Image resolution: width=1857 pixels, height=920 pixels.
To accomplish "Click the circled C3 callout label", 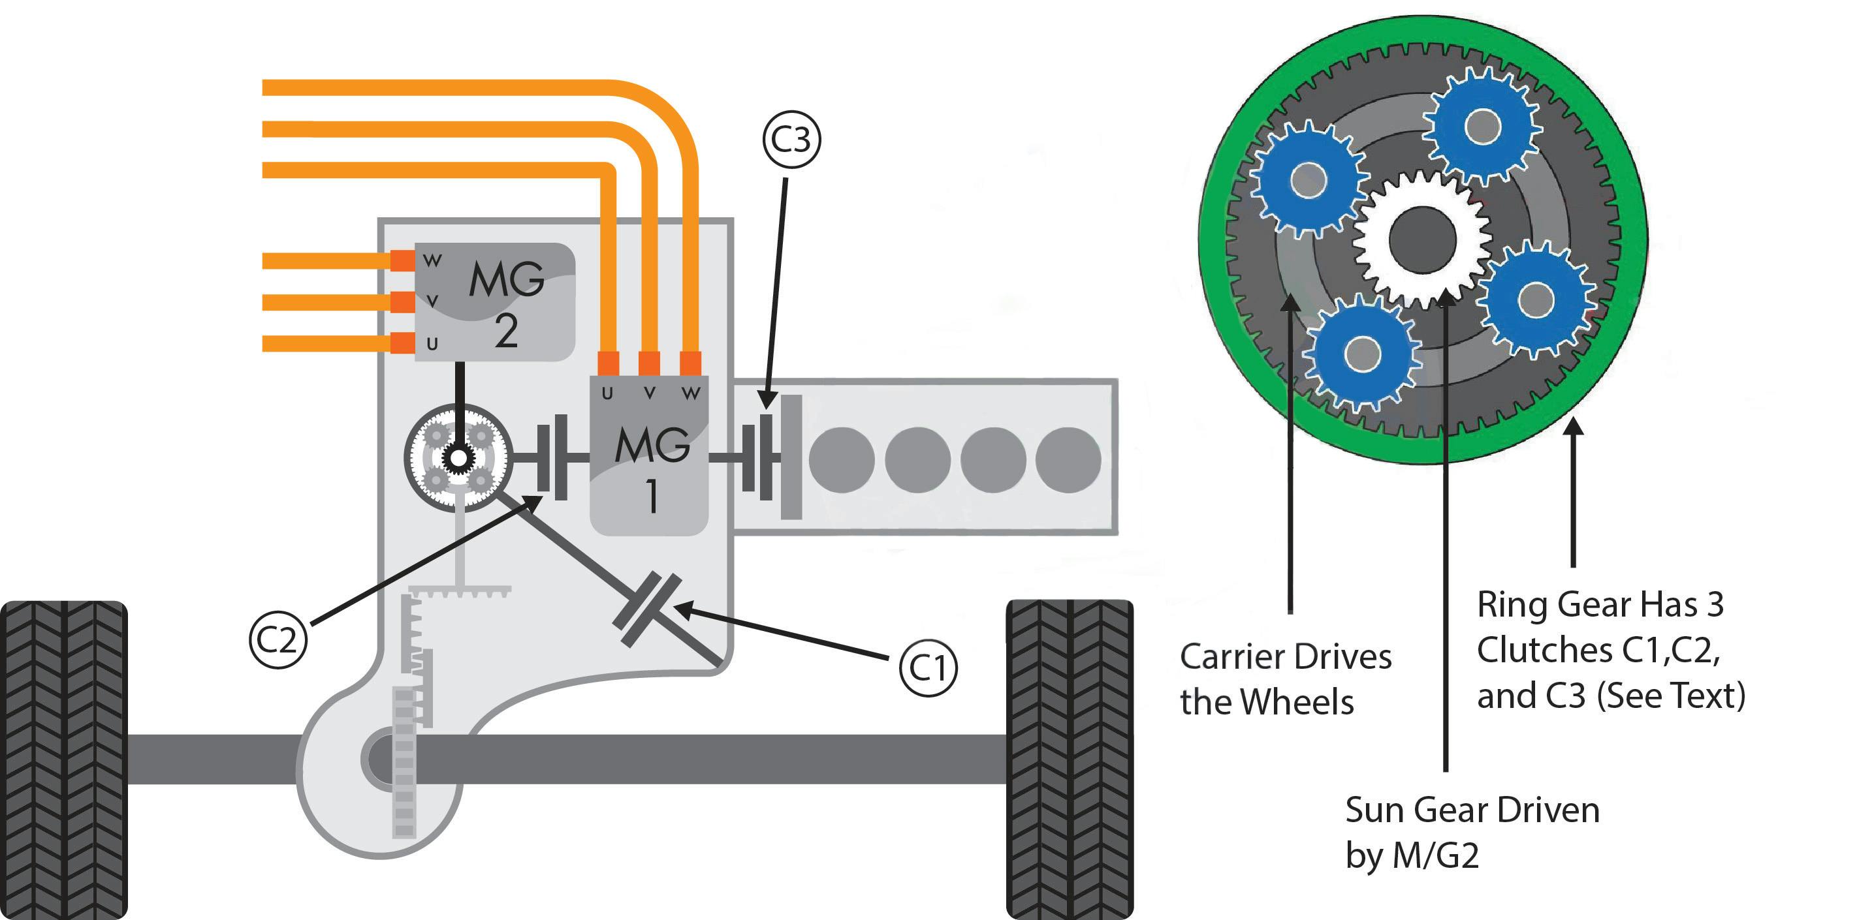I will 791,139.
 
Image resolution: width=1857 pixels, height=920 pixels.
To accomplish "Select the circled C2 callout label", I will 278,639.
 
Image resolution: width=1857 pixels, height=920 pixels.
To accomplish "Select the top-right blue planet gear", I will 1483,127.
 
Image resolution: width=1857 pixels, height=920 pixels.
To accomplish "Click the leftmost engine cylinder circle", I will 841,459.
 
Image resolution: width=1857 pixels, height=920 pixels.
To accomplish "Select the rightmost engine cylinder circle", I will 1068,459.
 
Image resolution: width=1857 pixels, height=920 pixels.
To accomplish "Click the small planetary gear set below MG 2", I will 458,458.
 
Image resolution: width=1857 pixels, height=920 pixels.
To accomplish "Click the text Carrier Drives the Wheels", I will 1284,679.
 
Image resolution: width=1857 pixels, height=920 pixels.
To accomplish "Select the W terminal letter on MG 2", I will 432,261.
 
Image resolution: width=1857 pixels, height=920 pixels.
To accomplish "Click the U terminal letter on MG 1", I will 607,393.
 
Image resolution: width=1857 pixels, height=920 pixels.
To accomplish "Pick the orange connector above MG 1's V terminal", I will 649,362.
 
